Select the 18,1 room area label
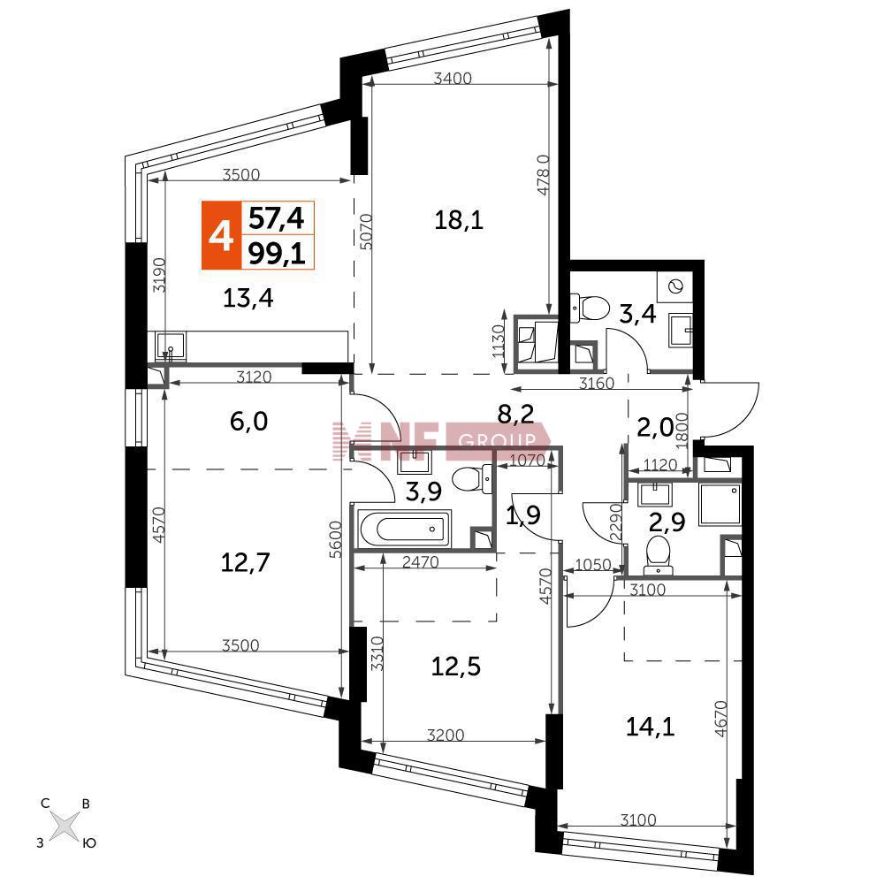[458, 219]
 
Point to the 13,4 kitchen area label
[248, 298]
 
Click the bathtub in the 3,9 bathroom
[403, 529]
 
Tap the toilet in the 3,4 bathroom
[591, 309]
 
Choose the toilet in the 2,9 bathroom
[658, 555]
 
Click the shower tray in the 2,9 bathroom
[720, 505]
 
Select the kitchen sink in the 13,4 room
[171, 346]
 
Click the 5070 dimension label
[366, 232]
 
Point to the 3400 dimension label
[453, 78]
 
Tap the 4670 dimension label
[720, 719]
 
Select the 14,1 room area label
[650, 727]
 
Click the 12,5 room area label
[455, 667]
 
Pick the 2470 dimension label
[421, 561]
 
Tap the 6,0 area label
[248, 421]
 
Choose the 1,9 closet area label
[523, 514]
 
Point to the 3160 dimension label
[597, 384]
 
